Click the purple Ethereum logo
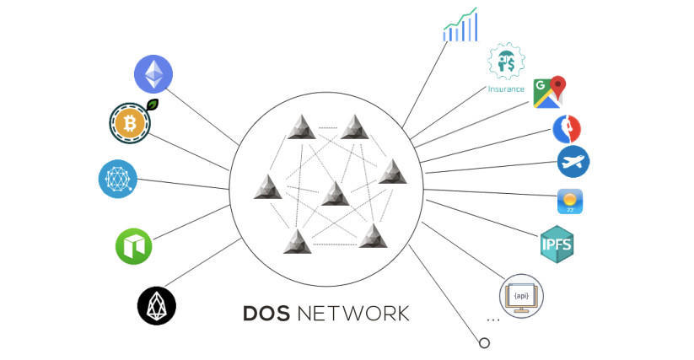153,73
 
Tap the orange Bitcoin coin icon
131,124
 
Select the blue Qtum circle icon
117,179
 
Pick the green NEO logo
133,246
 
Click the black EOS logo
156,305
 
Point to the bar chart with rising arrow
460,25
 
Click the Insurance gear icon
506,62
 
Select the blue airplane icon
573,161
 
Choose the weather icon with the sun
570,201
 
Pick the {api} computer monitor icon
521,295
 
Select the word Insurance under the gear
506,89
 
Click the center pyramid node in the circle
335,193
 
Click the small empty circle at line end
484,343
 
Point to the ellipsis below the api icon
493,320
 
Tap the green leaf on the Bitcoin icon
153,105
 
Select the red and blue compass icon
567,129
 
